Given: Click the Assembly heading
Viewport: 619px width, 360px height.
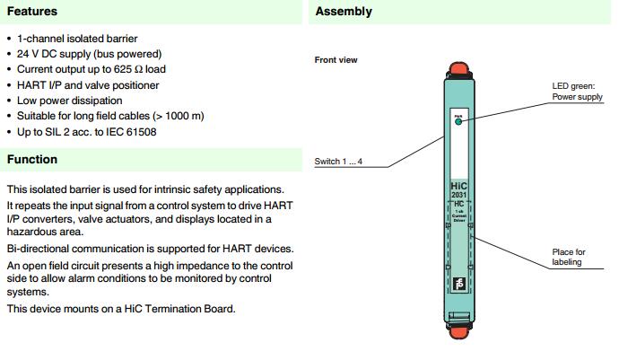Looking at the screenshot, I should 344,12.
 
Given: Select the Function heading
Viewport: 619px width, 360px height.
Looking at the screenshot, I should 32,160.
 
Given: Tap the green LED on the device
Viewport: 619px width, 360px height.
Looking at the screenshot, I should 458,122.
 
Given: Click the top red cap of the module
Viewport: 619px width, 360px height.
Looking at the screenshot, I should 458,66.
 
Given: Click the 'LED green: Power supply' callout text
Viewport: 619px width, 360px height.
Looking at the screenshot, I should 578,92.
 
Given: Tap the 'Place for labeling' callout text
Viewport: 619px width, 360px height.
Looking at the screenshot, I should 569,257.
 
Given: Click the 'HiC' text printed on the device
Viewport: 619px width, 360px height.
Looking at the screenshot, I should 458,186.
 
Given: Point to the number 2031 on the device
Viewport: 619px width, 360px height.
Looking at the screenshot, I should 458,195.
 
